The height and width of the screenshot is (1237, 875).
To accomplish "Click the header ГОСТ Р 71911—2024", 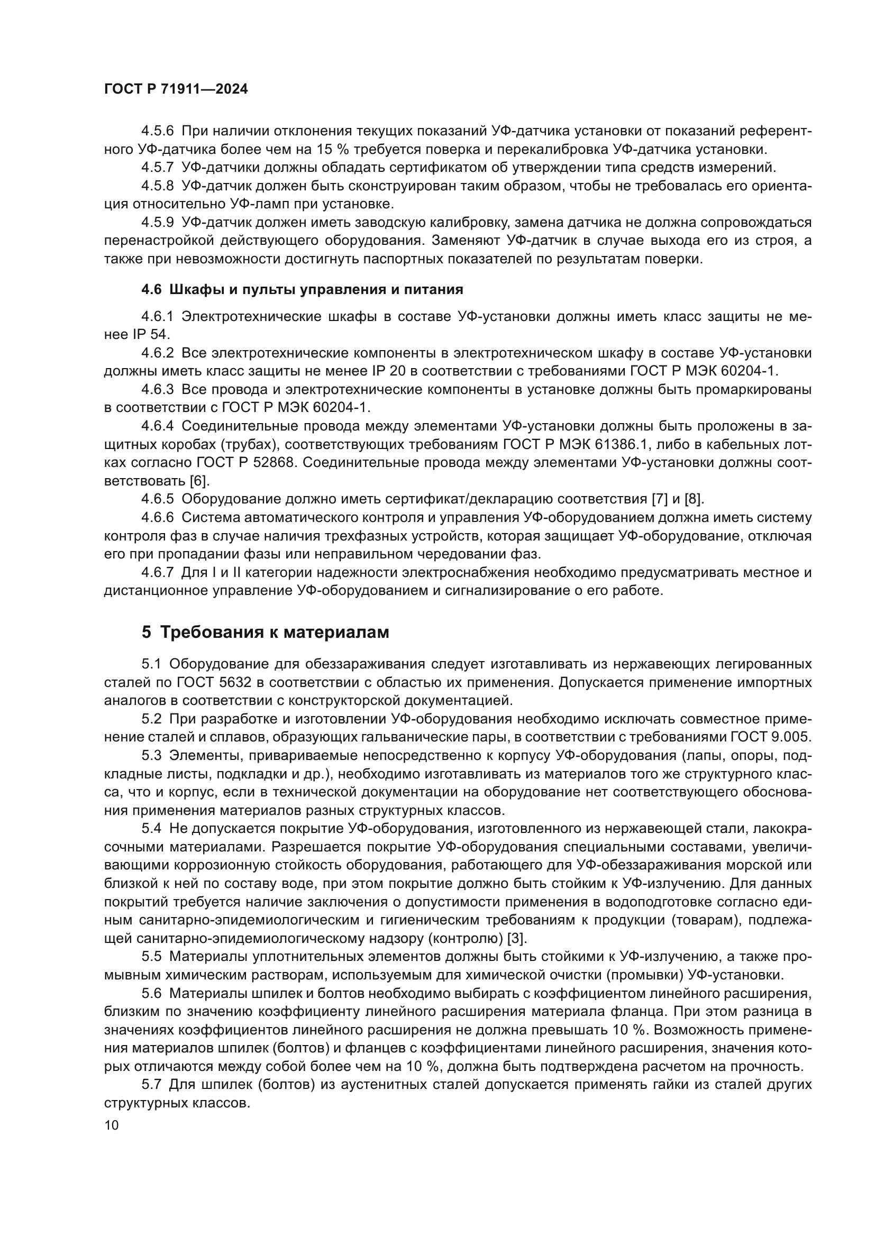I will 176,89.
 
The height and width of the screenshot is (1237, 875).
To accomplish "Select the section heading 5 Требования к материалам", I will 265,632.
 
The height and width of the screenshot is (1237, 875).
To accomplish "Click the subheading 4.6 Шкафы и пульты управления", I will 302,289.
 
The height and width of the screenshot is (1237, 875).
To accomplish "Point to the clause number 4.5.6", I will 157,131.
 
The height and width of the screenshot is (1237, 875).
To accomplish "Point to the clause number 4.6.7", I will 157,572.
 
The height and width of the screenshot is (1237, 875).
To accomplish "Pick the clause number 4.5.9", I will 157,222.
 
